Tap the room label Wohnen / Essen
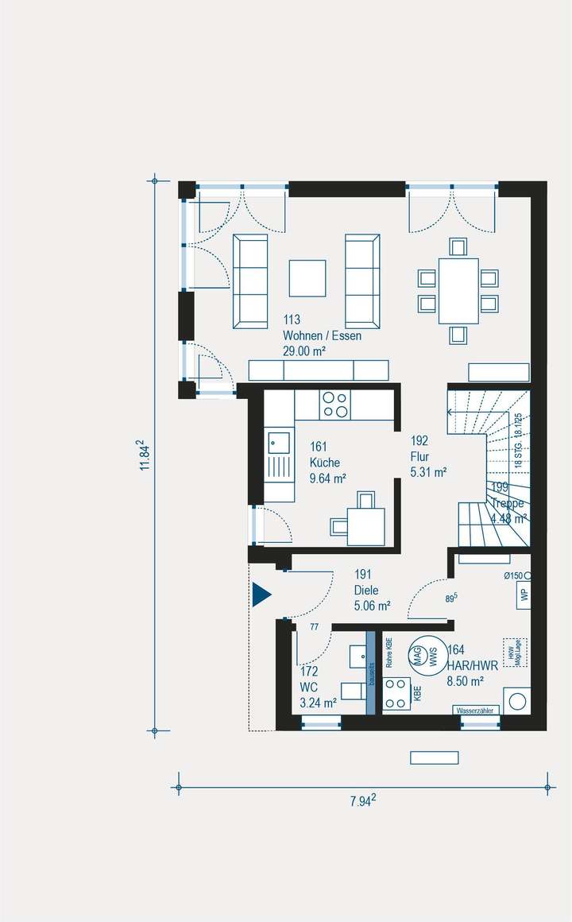322,336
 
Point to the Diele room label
366,591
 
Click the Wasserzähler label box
476,710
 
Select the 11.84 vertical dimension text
145,455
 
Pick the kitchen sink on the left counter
278,443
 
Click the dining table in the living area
458,291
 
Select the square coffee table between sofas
307,278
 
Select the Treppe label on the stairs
508,504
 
